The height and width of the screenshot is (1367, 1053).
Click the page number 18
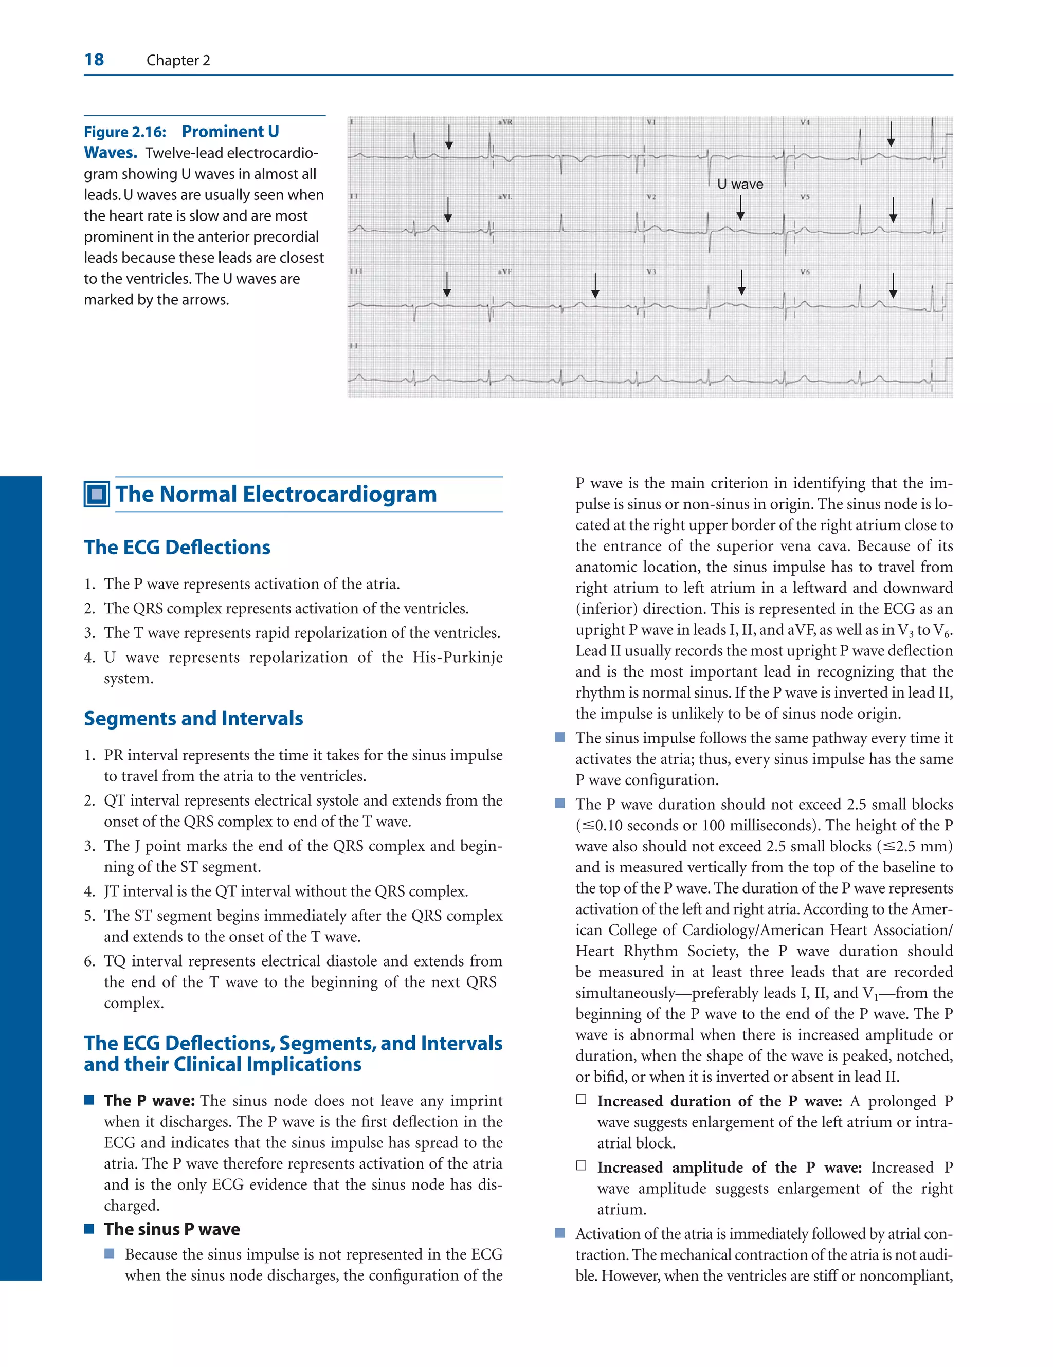94,60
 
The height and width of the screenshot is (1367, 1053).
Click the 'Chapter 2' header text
178,60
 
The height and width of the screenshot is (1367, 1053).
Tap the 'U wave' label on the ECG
740,184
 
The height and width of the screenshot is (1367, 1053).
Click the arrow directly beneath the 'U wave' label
740,208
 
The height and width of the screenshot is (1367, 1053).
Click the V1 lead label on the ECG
651,122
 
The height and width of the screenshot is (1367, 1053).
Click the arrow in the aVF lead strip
595,285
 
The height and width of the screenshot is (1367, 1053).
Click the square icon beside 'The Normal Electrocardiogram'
97,495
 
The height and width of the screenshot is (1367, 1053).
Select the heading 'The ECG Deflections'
177,547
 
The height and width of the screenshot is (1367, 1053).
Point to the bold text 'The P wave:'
149,1100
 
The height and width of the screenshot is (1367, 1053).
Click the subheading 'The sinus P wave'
172,1229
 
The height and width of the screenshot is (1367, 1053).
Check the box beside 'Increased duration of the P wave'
581,1099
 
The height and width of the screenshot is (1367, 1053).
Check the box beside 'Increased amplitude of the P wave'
581,1165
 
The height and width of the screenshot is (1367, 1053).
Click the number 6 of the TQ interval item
88,961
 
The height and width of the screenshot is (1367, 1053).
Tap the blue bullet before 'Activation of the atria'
560,1233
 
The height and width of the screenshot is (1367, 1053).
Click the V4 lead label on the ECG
805,122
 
